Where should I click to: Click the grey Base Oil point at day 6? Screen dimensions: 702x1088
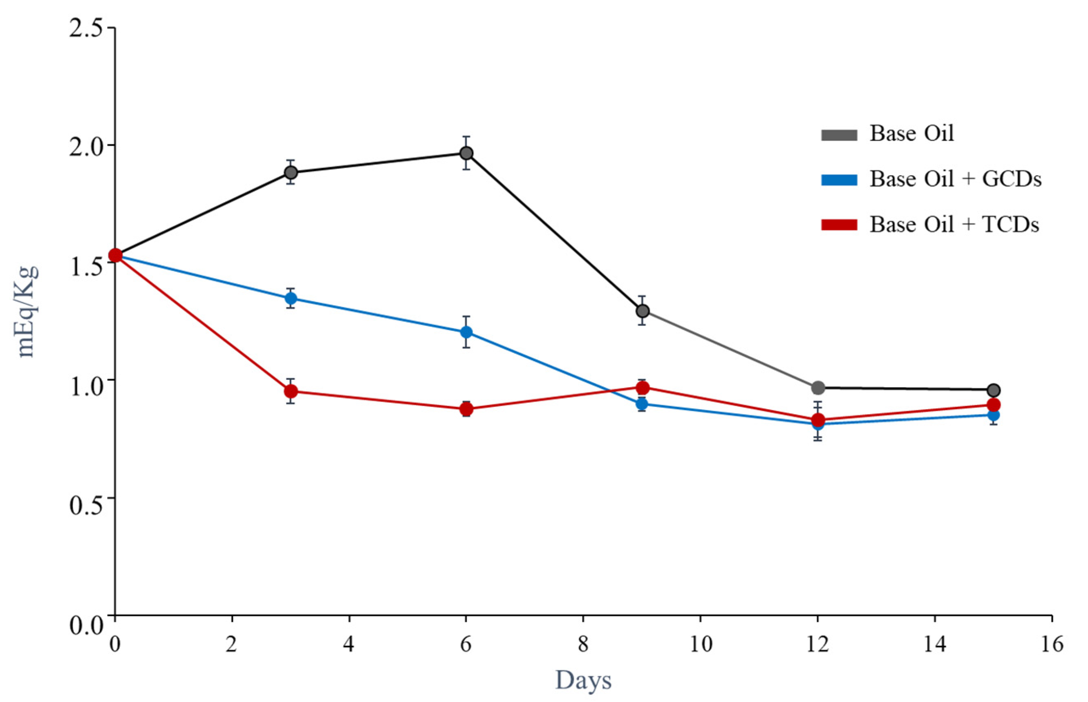[x=466, y=153]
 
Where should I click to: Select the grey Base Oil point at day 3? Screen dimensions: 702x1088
[x=291, y=172]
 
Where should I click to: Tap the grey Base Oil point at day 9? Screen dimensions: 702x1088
[x=643, y=311]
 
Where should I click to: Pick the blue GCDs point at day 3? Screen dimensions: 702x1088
[x=291, y=299]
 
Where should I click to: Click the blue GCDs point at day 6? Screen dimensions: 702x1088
[x=466, y=332]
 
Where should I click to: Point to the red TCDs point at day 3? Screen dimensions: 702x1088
[x=291, y=391]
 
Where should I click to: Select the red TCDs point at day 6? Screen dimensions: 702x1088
[x=466, y=408]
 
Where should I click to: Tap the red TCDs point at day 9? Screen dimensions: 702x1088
[x=643, y=388]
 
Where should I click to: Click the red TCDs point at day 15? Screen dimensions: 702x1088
[x=994, y=405]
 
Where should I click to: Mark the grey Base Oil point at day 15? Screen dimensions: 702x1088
[x=994, y=390]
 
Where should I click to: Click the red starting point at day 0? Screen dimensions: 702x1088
[x=115, y=255]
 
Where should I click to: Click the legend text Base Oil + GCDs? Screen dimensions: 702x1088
[x=955, y=179]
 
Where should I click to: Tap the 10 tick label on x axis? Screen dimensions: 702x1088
[x=700, y=644]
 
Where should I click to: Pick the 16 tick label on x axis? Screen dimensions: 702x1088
[x=1052, y=644]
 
